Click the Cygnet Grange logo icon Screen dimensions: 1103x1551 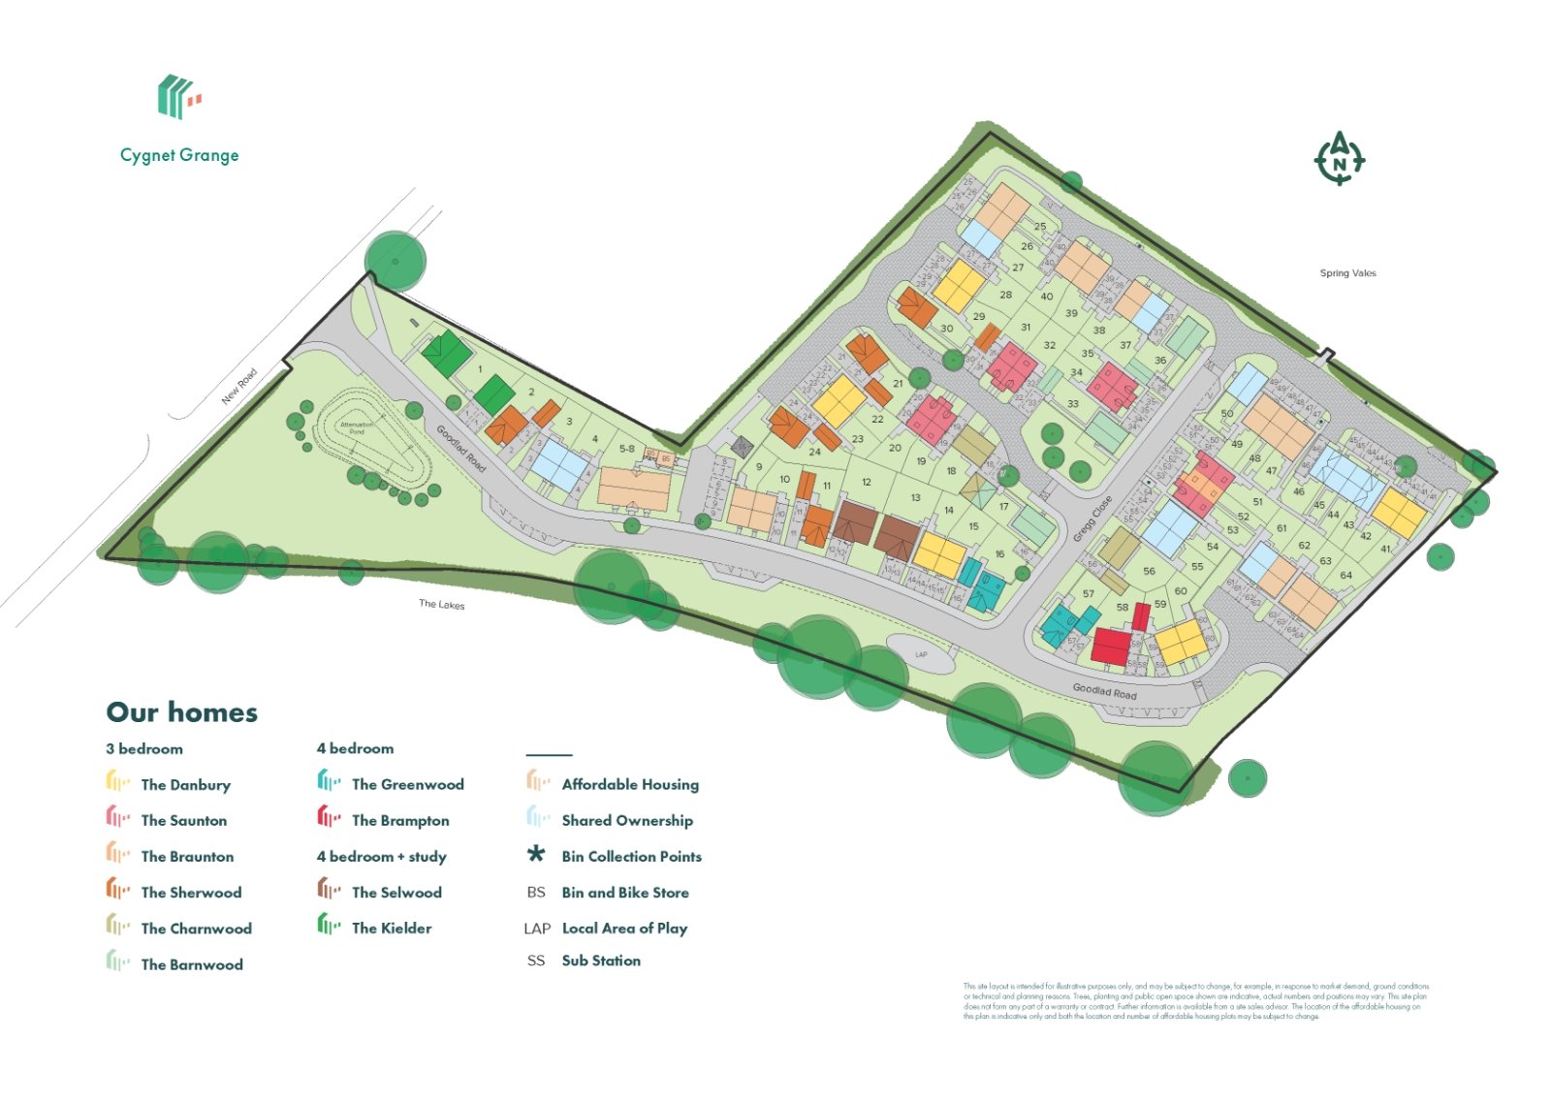(x=178, y=96)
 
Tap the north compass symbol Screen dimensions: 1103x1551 (x=1339, y=158)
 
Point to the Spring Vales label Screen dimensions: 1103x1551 (x=1347, y=273)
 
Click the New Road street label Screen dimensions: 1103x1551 (x=239, y=386)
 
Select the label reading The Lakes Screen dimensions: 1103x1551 (x=441, y=604)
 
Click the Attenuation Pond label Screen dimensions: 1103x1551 (x=357, y=427)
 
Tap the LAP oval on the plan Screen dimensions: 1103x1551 (x=921, y=654)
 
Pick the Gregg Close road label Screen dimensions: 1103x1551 (x=1092, y=520)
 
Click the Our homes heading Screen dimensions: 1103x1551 (x=182, y=712)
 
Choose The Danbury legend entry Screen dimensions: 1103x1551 (x=185, y=785)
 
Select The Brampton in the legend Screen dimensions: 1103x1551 (x=400, y=821)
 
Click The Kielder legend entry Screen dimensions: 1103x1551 (x=392, y=929)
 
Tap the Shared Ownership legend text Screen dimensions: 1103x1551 (x=627, y=821)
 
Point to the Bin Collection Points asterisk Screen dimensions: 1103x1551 (x=536, y=855)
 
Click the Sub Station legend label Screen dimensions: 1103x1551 (x=601, y=961)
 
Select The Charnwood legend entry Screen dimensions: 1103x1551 (x=196, y=929)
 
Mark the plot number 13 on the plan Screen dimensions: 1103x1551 (x=915, y=498)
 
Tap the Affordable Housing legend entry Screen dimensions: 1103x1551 (x=630, y=785)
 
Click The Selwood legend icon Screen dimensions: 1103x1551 (x=329, y=890)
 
